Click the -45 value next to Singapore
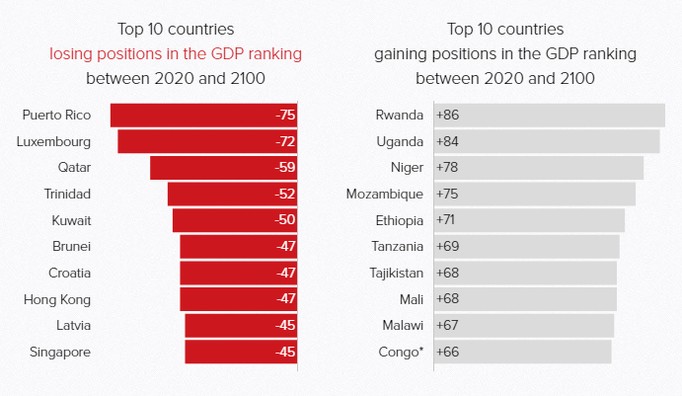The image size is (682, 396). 285,351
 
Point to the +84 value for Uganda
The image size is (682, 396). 447,141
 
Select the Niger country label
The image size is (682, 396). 407,168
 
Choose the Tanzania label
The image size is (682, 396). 398,246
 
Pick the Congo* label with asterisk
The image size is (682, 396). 401,351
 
